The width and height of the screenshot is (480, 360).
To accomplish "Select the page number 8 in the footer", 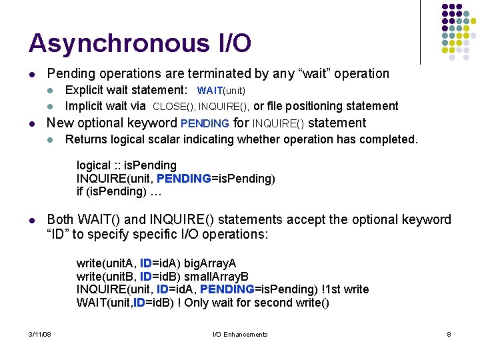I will point(449,334).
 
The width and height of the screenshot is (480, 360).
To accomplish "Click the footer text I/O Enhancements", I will point(240,334).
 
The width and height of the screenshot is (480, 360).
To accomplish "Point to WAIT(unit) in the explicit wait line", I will point(221,90).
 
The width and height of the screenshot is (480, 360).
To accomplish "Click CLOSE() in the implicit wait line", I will point(173,106).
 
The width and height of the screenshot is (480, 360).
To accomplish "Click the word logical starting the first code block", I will point(93,165).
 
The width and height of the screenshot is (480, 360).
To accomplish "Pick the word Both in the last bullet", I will point(60,219).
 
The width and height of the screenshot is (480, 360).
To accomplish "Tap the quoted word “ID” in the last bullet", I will point(59,234).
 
